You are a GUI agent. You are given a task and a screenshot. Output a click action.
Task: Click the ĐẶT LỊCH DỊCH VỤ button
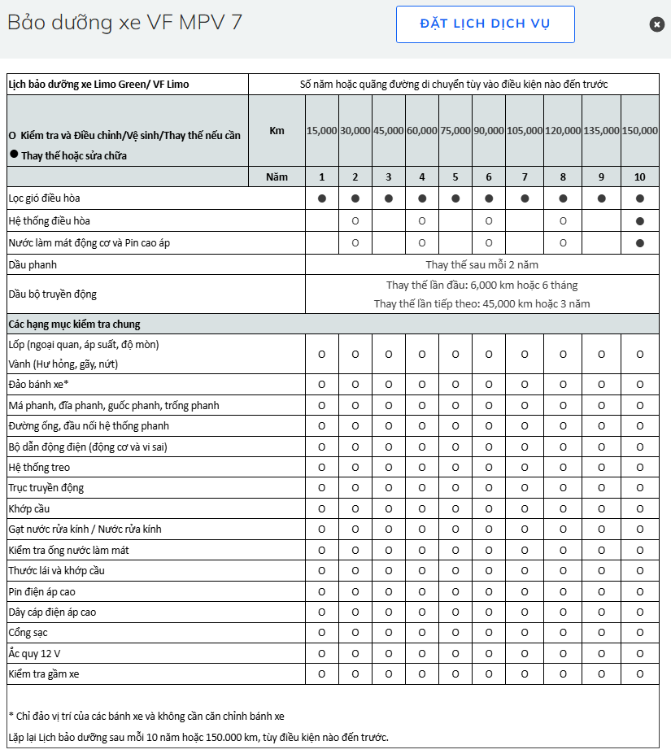point(485,24)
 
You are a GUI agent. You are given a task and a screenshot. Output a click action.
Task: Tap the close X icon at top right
point(657,24)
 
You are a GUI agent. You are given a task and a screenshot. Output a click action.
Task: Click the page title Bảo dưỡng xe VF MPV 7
point(124,22)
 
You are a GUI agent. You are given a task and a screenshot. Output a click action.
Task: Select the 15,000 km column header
point(322,130)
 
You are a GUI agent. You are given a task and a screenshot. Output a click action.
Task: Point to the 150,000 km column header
point(640,130)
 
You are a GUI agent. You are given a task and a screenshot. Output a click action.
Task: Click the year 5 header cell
point(455,177)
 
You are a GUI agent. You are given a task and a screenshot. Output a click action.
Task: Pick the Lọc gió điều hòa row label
point(44,198)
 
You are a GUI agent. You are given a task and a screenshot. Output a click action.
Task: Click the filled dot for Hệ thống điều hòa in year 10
point(640,221)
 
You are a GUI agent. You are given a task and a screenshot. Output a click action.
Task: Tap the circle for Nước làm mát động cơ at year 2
point(355,242)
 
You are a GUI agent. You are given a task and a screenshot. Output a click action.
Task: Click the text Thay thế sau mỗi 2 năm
point(481,264)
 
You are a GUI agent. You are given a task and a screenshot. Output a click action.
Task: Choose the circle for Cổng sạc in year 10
point(640,632)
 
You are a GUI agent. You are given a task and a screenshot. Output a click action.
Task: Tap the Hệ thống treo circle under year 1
point(322,467)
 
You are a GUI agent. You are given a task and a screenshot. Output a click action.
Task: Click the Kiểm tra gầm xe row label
point(43,673)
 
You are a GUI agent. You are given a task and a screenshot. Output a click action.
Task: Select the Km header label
point(277,130)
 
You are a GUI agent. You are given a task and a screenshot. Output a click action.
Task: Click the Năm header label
point(277,177)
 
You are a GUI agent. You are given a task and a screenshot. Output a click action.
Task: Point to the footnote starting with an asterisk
point(146,716)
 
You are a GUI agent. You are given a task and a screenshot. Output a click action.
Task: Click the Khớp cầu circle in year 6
point(489,508)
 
